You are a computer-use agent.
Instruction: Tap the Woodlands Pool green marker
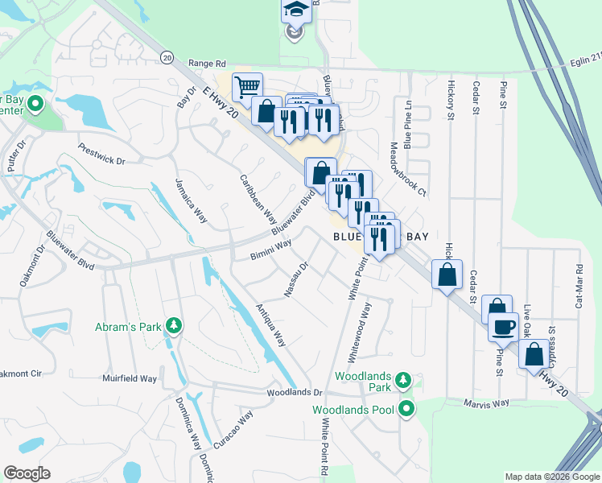pos(407,410)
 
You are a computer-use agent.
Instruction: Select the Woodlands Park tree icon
pos(407,378)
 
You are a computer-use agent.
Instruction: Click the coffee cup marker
pos(504,326)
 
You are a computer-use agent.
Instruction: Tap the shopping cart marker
pos(248,86)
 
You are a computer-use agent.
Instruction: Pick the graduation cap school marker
pos(295,10)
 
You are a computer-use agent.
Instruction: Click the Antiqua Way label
pos(270,325)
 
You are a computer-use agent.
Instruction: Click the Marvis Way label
pos(487,402)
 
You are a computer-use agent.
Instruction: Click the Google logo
pos(27,473)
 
